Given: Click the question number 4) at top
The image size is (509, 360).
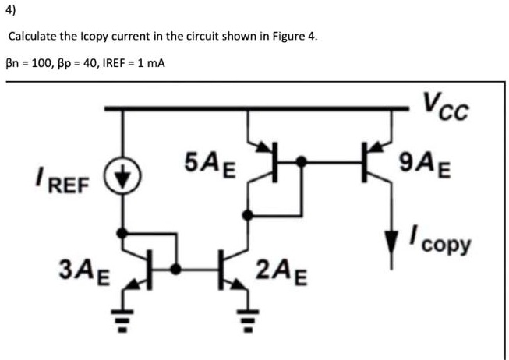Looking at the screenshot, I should pos(11,12).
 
